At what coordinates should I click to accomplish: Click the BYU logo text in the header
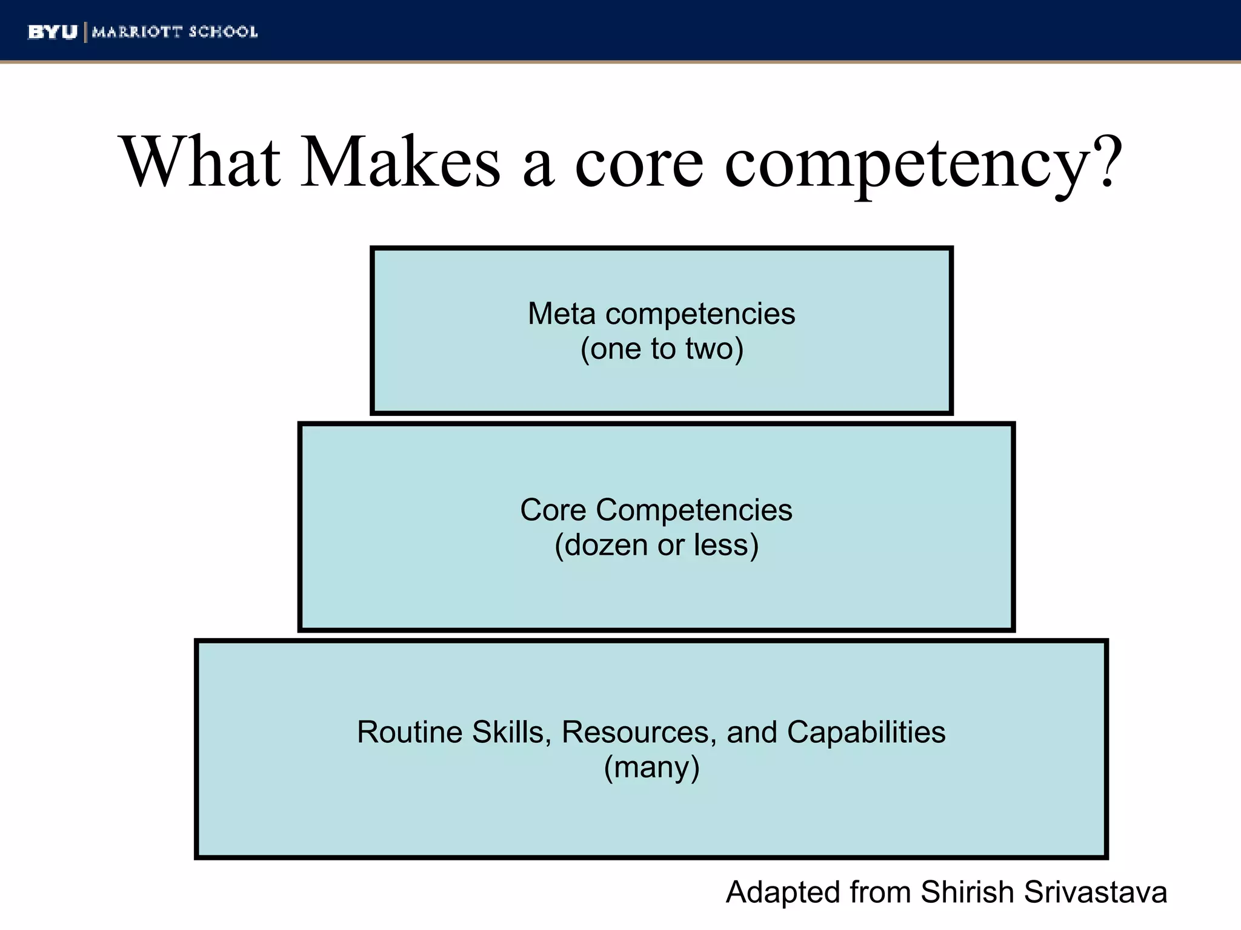pos(53,32)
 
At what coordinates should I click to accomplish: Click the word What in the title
pos(202,162)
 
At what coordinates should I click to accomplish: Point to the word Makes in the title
pos(401,162)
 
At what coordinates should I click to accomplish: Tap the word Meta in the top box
pos(562,314)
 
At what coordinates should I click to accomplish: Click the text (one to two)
pos(662,349)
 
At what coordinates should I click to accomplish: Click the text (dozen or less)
pos(656,545)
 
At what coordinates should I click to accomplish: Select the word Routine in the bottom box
pos(410,732)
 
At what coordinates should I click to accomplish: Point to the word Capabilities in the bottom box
pos(866,732)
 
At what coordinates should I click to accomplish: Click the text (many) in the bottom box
pos(651,767)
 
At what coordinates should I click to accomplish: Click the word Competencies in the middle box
pos(694,510)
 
